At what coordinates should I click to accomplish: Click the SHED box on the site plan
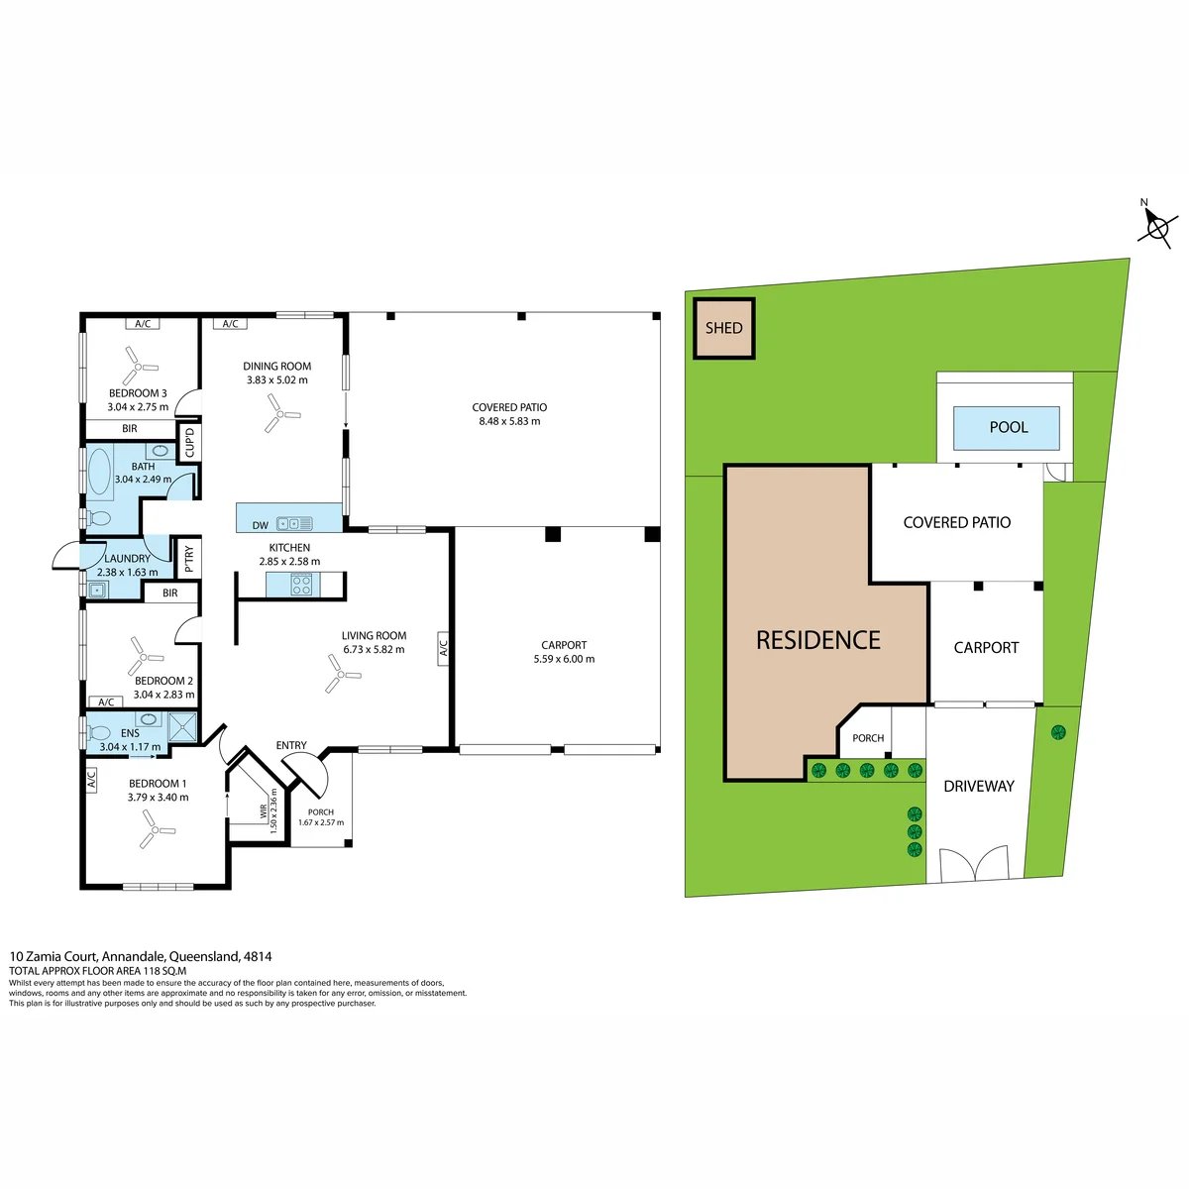click(723, 328)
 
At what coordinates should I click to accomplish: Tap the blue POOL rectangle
click(1006, 428)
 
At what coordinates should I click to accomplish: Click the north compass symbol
click(1157, 226)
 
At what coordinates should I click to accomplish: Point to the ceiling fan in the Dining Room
click(280, 413)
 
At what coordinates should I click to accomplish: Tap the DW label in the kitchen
click(261, 525)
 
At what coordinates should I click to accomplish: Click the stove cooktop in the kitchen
click(301, 584)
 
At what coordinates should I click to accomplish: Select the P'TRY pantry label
click(189, 559)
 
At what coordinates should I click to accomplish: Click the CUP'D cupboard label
click(189, 442)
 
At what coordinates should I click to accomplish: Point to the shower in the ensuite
click(182, 727)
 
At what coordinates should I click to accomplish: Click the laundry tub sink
click(97, 590)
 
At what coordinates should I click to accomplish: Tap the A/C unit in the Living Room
click(443, 648)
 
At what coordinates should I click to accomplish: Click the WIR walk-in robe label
click(265, 811)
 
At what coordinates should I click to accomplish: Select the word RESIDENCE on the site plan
click(818, 640)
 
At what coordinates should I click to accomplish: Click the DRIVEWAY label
click(979, 786)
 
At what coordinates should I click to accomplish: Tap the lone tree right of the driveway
click(1058, 733)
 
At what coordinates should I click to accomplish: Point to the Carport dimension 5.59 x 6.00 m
click(564, 659)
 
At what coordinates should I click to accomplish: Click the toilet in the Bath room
click(98, 517)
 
